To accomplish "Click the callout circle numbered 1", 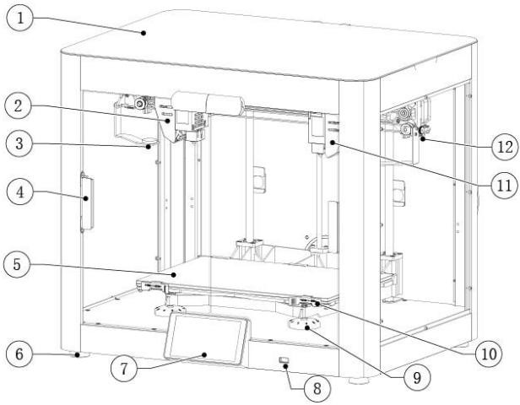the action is click(20, 18).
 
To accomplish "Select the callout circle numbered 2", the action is click(19, 105).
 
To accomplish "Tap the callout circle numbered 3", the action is click(19, 144).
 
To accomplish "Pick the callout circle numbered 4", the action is click(20, 192).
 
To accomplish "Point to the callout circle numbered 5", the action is click(17, 265).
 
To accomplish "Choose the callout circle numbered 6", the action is click(19, 354).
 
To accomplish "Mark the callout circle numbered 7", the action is click(124, 369).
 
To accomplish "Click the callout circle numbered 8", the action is click(317, 389).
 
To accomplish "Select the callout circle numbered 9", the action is click(417, 377).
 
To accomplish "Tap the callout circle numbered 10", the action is click(489, 354).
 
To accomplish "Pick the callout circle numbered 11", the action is click(505, 186).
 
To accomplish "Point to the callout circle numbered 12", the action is click(505, 147).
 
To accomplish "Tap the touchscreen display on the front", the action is click(207, 337).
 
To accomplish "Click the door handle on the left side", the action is click(87, 202).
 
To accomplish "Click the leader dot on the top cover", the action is click(144, 33).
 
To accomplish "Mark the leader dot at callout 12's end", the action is click(423, 139).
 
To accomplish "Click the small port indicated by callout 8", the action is click(284, 360).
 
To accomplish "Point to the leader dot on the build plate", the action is click(173, 274).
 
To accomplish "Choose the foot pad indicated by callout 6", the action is click(81, 355).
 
